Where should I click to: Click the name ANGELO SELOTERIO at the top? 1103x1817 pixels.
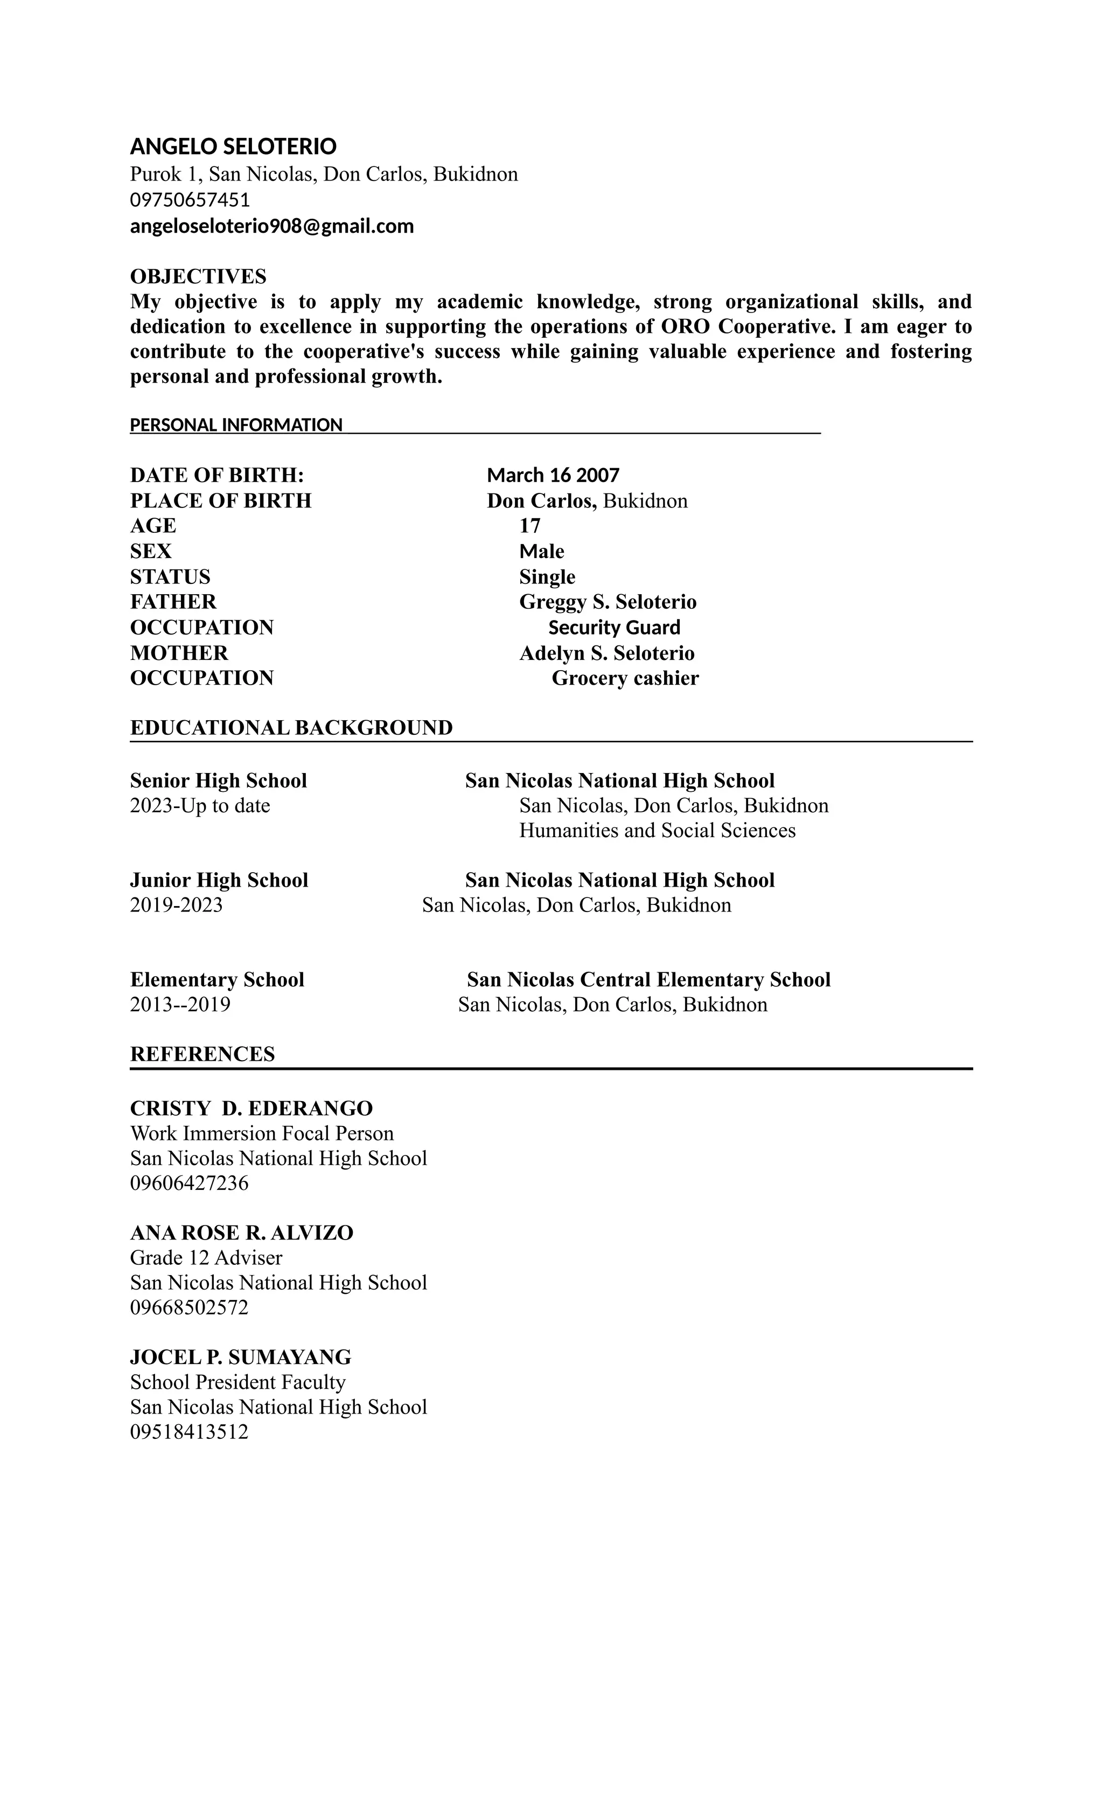(233, 147)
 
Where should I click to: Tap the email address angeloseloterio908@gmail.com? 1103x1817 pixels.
(271, 226)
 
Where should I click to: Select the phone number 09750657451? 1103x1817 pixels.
(190, 200)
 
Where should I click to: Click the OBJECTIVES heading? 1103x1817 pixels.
(198, 276)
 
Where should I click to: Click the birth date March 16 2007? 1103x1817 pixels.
(553, 475)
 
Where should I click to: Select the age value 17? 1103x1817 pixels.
(529, 526)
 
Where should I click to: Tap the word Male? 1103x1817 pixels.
(541, 552)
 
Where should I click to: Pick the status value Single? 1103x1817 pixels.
(547, 576)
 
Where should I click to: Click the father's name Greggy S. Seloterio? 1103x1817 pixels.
(608, 602)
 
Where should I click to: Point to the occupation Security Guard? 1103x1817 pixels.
(614, 628)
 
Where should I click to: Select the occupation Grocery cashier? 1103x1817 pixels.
(625, 678)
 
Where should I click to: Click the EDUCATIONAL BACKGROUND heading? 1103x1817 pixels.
(291, 728)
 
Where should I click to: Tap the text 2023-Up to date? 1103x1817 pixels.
(200, 805)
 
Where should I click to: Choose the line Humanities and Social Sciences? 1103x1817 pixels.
(657, 830)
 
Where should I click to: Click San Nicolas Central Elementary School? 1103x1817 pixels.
(648, 980)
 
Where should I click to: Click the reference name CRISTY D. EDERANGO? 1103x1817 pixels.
(252, 1108)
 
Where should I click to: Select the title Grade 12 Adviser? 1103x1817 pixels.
(206, 1257)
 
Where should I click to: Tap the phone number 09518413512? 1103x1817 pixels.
(190, 1432)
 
